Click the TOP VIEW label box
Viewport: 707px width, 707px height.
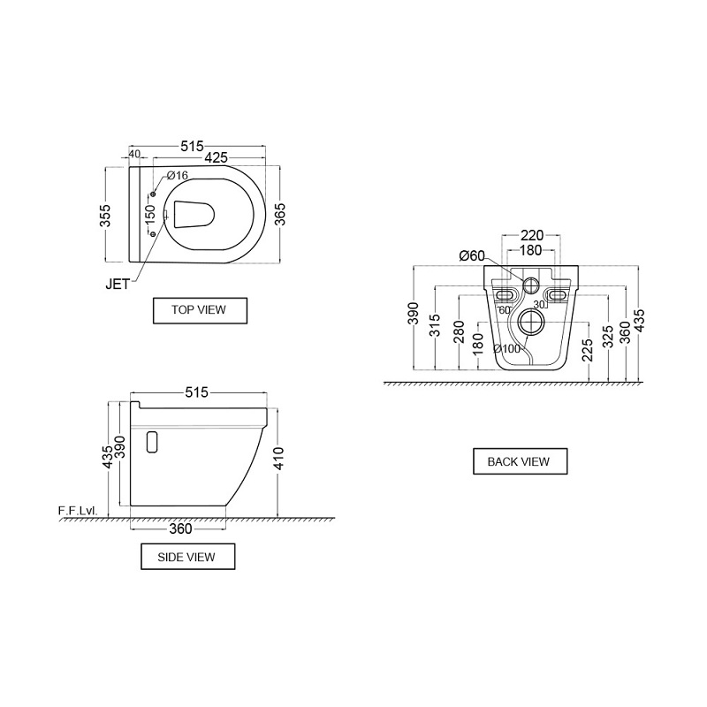click(x=200, y=310)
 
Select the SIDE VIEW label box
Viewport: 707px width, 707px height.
click(x=187, y=557)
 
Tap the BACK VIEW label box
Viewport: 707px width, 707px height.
click(x=520, y=461)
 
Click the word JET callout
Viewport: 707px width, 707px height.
click(x=118, y=284)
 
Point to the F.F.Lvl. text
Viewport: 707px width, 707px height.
click(x=78, y=511)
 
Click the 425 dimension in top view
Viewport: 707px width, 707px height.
click(x=216, y=157)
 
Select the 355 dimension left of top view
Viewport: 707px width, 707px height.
click(x=105, y=216)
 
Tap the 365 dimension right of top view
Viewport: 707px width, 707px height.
click(x=279, y=215)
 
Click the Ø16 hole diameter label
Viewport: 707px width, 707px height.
click(x=178, y=175)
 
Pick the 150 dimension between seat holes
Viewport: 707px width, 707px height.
click(x=150, y=214)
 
